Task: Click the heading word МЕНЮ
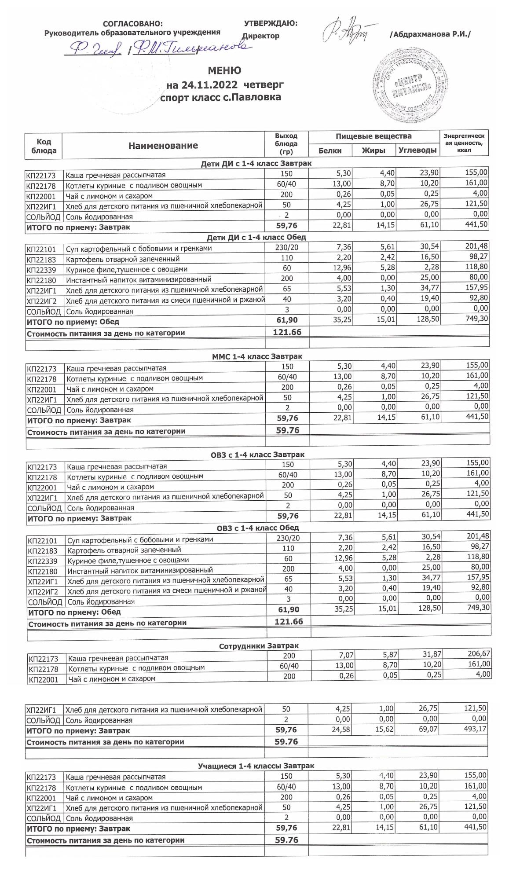coord(224,70)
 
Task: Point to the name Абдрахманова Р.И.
coord(430,34)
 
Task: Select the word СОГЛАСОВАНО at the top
coord(132,24)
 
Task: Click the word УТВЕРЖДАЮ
coord(270,23)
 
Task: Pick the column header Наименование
coord(163,146)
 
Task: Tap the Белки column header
coord(330,150)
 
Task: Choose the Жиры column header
coord(374,150)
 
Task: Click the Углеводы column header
coord(417,150)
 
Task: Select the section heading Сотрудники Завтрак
coord(259,646)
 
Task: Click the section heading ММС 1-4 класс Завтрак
coord(257,356)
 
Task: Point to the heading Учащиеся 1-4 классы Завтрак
coord(256,766)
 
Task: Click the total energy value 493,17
coord(475,730)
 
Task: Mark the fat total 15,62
coord(384,730)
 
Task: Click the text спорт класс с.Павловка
coord(220,97)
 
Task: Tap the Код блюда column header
coord(44,146)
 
